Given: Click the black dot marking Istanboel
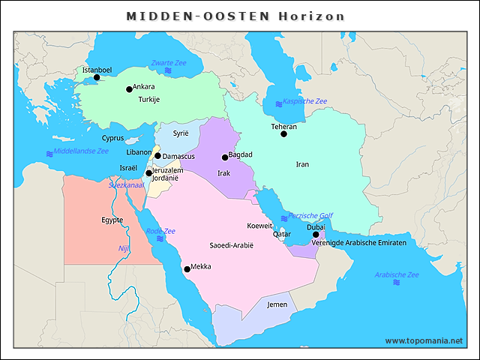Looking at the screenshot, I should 97,77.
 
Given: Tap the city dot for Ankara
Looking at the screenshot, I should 129,89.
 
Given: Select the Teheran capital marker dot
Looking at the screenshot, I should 283,134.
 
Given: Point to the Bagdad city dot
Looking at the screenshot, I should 224,157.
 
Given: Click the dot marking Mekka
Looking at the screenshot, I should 187,269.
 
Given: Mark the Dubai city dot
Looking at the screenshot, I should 316,235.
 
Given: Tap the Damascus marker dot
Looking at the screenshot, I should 157,156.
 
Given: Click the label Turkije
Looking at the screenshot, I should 148,100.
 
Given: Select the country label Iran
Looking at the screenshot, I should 302,164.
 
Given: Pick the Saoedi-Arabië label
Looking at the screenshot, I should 232,245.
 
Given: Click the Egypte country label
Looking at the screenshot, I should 112,220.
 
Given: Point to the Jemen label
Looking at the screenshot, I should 277,304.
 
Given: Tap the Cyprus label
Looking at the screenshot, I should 112,138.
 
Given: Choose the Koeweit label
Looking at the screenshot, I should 259,226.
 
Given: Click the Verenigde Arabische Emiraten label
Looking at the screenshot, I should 359,243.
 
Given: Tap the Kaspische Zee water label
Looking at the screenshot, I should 304,101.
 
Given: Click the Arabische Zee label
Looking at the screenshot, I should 397,274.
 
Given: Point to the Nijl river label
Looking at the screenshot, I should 124,248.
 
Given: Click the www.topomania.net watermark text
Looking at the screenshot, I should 424,340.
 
